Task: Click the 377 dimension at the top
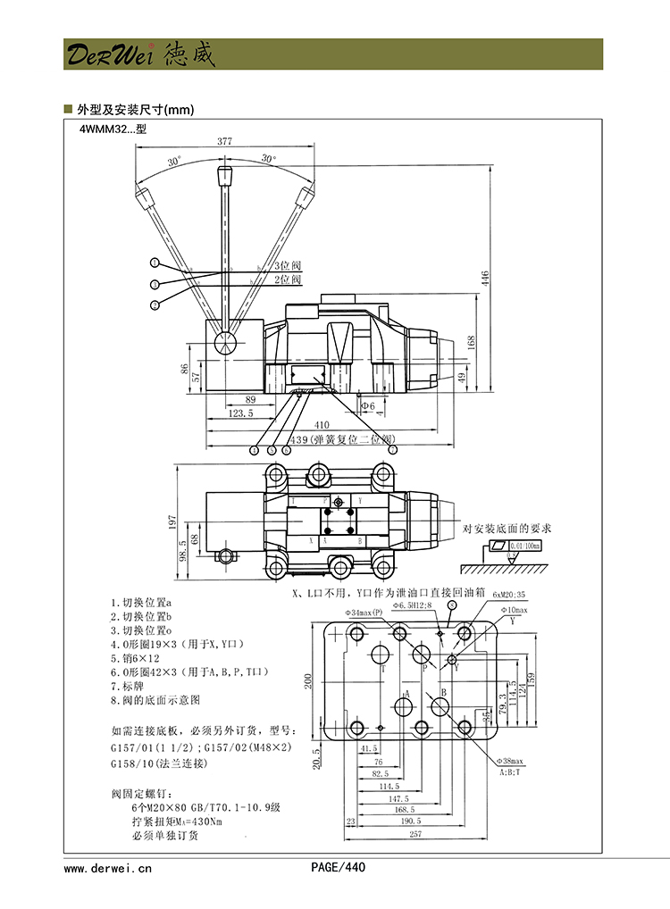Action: (x=224, y=141)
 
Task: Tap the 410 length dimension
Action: (x=322, y=424)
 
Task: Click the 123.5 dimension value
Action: (x=241, y=413)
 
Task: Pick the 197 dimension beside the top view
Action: (x=173, y=522)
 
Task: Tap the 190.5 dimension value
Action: (x=410, y=820)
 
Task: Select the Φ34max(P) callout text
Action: (x=364, y=613)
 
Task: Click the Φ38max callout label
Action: (x=512, y=761)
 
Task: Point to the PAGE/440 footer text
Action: (x=338, y=866)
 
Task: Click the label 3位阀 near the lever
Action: (x=287, y=266)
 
